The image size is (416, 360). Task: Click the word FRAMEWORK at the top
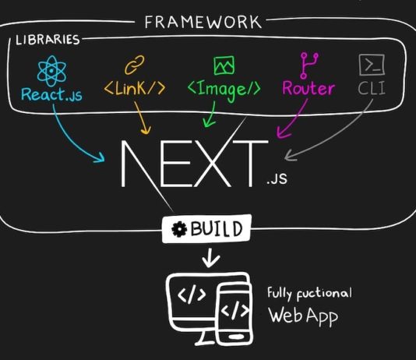[x=203, y=22]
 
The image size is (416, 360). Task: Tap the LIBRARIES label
[x=48, y=40]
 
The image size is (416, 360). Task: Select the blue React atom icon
[x=51, y=71]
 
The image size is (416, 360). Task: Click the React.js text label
[x=51, y=94]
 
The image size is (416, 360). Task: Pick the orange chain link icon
[x=135, y=65]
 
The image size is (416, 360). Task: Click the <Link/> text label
[x=135, y=88]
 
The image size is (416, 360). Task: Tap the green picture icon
[x=224, y=65]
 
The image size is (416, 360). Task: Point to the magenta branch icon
[x=308, y=65]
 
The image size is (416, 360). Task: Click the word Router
[x=308, y=88]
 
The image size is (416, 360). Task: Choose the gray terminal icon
[x=372, y=65]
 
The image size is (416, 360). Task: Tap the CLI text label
[x=372, y=88]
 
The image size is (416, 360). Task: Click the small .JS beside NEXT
[x=277, y=178]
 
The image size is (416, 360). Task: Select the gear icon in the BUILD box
[x=179, y=229]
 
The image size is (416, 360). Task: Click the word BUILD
[x=217, y=228]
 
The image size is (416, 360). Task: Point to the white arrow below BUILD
[x=210, y=258]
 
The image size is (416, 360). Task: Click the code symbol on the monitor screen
[x=192, y=294]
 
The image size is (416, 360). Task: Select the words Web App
[x=303, y=316]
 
